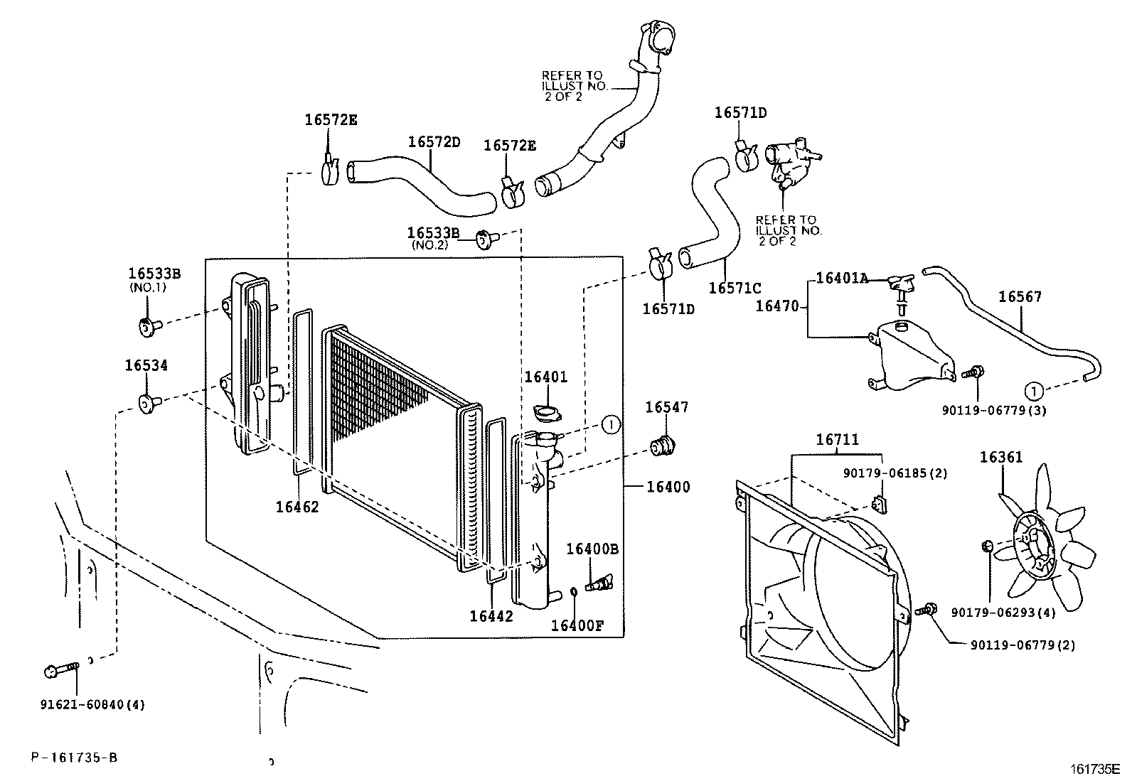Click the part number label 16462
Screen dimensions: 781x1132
tap(297, 507)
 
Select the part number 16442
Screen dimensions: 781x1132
tap(491, 616)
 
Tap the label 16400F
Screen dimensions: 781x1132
tap(577, 625)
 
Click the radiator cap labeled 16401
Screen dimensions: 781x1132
tap(546, 412)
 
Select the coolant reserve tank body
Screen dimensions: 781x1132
tap(907, 355)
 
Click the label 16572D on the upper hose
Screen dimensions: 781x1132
tap(434, 142)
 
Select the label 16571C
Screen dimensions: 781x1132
tap(735, 288)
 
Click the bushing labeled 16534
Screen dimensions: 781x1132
tap(148, 404)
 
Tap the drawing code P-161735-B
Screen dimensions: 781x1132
tap(74, 758)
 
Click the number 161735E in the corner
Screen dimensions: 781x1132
tap(1095, 769)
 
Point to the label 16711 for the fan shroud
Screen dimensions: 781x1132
tap(837, 441)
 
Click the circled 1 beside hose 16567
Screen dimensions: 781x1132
tap(1034, 390)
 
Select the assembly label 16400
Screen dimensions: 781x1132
tap(668, 488)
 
